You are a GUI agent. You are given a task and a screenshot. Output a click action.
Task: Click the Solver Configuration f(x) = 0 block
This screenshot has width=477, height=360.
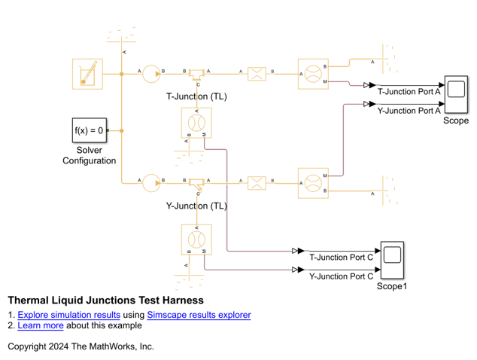click(x=89, y=131)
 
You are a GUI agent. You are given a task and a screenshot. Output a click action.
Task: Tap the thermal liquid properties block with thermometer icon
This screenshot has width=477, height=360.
click(x=87, y=74)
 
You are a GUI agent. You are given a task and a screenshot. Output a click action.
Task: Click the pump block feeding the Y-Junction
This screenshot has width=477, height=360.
click(x=152, y=182)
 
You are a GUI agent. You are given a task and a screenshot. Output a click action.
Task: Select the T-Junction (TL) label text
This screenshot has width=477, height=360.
click(x=196, y=97)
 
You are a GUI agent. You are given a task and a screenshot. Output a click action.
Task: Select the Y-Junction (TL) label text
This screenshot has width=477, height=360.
click(x=196, y=206)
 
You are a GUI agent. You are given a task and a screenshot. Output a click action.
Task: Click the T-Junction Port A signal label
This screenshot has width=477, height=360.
click(x=409, y=92)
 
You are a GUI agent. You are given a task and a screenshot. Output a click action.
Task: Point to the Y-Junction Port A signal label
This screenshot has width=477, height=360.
click(x=409, y=111)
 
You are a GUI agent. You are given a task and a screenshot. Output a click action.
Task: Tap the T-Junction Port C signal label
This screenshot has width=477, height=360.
click(x=342, y=257)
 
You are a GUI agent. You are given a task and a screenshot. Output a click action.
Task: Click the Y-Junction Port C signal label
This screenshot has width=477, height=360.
click(x=342, y=276)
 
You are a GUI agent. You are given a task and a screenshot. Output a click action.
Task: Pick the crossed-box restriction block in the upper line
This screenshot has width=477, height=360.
click(x=257, y=74)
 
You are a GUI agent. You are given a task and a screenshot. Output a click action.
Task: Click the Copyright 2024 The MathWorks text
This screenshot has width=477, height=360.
click(x=81, y=346)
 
